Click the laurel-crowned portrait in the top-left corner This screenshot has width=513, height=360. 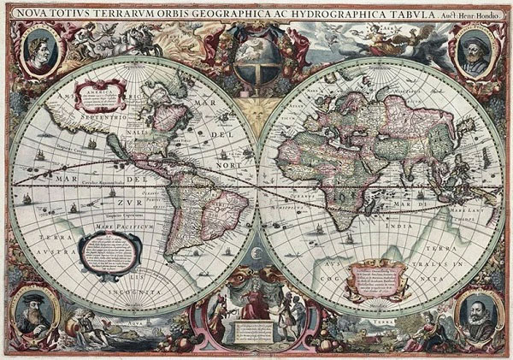tap(41, 50)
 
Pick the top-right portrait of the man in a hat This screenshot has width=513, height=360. tap(473, 50)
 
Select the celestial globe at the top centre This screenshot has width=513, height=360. tap(256, 59)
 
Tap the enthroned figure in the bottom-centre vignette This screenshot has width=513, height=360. tap(255, 304)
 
